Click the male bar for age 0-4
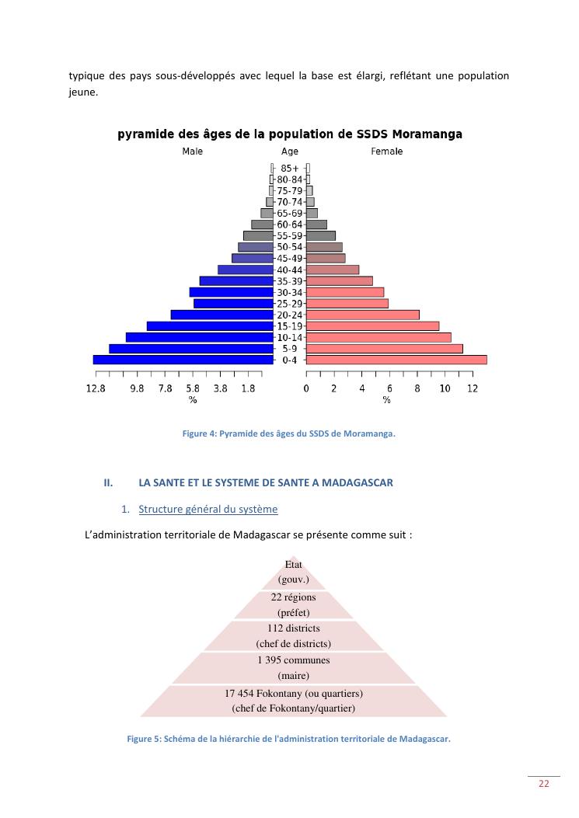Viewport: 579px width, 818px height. [183, 360]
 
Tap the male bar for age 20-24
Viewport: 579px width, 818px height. [222, 315]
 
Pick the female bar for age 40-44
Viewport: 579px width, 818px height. [333, 270]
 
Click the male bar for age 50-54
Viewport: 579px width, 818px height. [256, 247]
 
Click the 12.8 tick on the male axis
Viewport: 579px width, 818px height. [96, 388]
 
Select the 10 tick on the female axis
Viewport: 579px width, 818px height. [445, 388]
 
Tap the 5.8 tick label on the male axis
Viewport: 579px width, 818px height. [193, 388]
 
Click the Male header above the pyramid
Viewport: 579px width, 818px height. [193, 151]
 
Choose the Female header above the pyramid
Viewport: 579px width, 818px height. [386, 151]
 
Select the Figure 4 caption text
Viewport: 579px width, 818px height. [289, 434]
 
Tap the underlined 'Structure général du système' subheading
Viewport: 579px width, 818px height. [208, 509]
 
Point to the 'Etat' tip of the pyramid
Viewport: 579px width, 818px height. [294, 572]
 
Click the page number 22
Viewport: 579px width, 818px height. [544, 784]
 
